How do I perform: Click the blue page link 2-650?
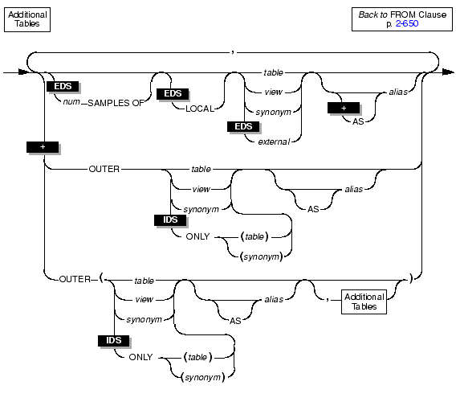point(407,23)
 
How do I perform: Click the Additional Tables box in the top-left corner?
point(27,19)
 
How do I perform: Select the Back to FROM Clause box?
point(402,19)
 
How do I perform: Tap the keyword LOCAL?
point(200,109)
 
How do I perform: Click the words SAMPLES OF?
point(116,103)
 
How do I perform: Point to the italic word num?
point(71,102)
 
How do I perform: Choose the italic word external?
point(274,142)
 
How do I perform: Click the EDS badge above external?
point(243,126)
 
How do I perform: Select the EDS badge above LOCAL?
point(173,94)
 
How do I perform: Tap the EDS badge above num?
point(63,86)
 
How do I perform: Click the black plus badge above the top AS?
point(344,108)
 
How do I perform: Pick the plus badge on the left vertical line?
point(43,147)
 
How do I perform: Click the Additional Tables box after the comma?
point(364,302)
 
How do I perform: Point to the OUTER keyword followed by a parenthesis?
point(75,279)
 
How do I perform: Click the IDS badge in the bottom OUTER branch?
point(113,341)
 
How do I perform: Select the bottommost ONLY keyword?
point(140,357)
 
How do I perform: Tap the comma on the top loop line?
point(233,52)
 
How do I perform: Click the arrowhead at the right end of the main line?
point(448,72)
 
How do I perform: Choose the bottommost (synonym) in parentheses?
point(203,377)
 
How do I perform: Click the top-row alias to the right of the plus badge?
point(398,92)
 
